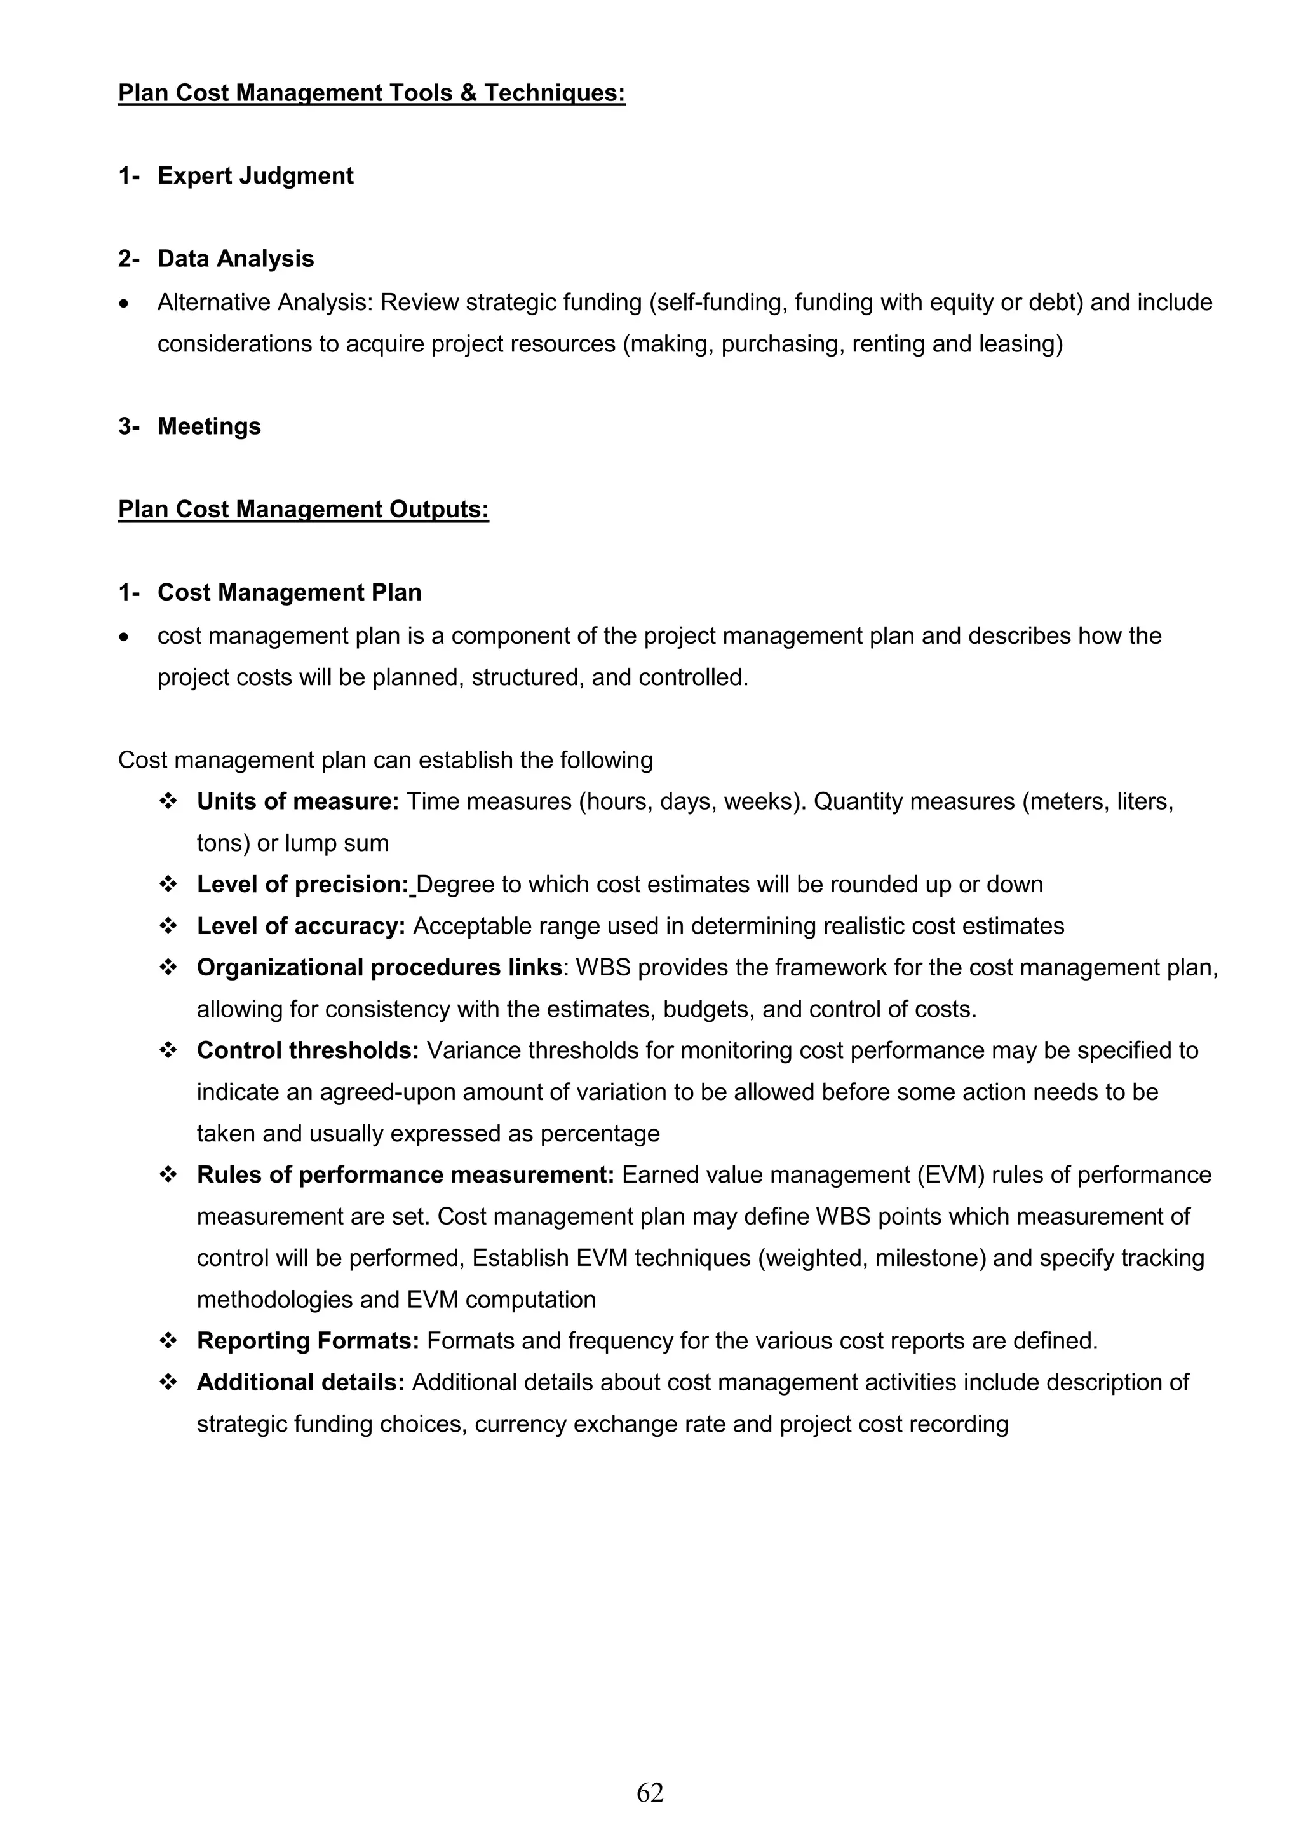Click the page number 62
(649, 1792)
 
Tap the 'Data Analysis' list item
(236, 259)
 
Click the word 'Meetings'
(209, 426)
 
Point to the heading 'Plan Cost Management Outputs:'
(303, 509)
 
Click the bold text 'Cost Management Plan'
(290, 592)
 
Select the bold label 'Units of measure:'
(297, 801)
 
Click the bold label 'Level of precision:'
(303, 885)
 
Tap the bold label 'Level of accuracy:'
(300, 926)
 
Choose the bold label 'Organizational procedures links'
(379, 968)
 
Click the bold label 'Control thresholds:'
(308, 1050)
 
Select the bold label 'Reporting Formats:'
(308, 1342)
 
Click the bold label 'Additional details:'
(300, 1382)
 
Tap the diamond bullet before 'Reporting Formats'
(168, 1341)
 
